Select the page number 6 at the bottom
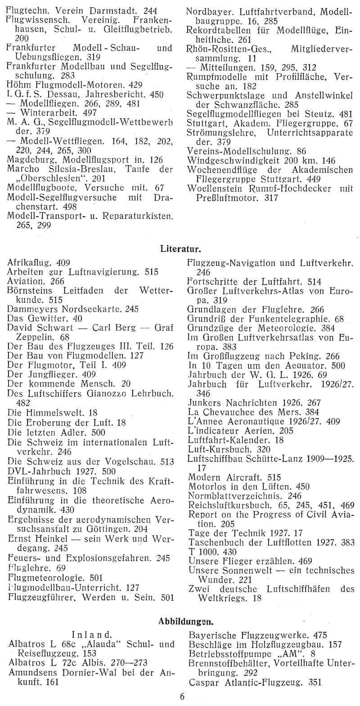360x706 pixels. tap(182, 697)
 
